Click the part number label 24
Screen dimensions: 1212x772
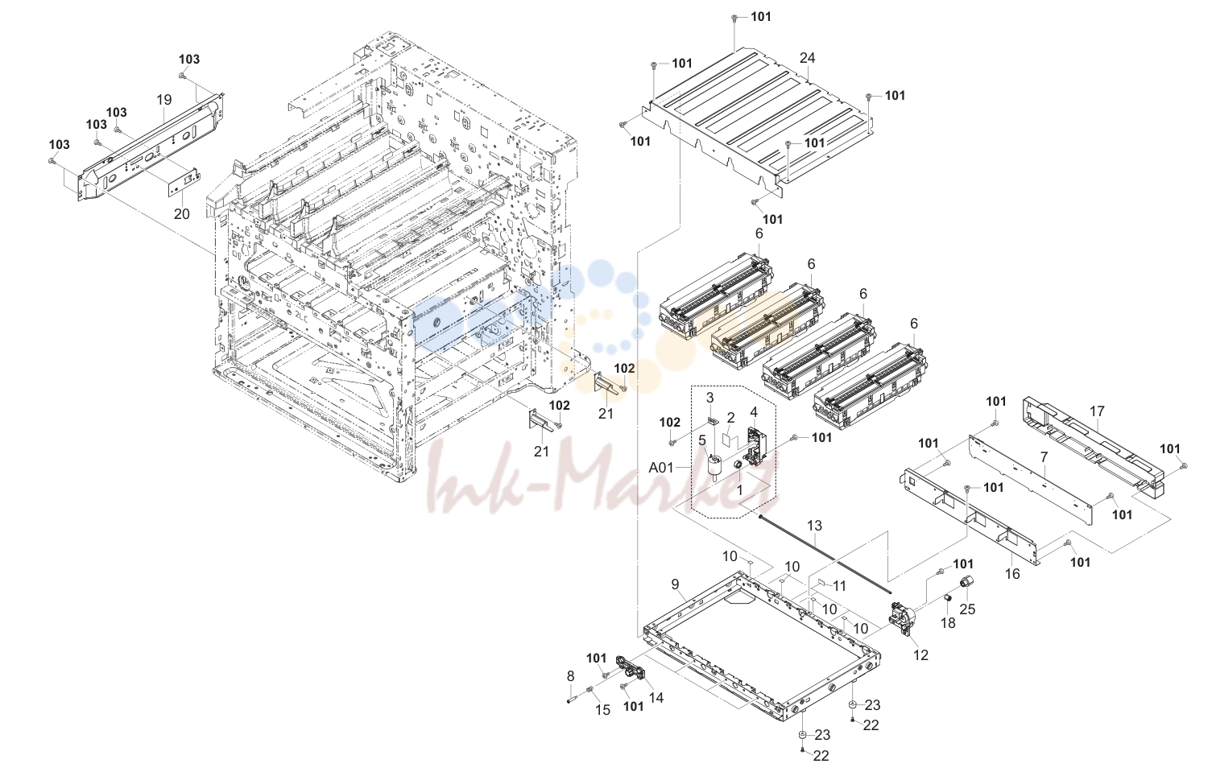pos(807,58)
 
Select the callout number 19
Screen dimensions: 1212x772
pos(164,100)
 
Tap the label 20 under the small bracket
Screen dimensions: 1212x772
pos(182,213)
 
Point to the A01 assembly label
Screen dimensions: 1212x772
pos(661,468)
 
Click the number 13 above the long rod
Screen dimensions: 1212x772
pos(814,526)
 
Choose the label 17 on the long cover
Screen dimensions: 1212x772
pos(1097,411)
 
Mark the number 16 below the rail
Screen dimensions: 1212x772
pos(1012,573)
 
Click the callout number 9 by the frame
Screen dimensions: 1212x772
pos(675,584)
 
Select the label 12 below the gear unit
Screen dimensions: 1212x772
pos(920,655)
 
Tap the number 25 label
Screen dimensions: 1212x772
pos(967,609)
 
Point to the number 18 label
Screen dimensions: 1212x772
pos(948,623)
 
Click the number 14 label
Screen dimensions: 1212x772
pos(656,698)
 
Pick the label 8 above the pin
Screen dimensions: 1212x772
pos(570,675)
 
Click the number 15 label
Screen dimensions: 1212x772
pos(602,710)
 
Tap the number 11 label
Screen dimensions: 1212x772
pos(839,586)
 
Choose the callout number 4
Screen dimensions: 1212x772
pos(754,412)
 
